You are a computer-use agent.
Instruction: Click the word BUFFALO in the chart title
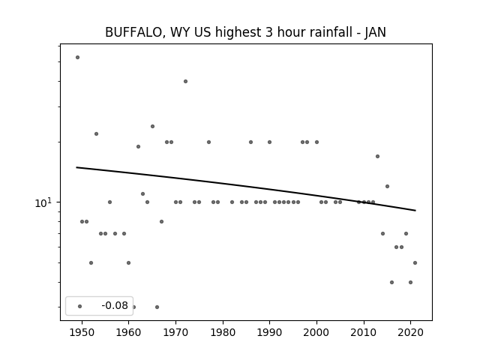133,32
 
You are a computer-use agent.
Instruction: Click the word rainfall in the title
327,32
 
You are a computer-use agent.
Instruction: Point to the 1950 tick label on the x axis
82,332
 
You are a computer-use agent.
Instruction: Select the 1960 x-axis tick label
128,332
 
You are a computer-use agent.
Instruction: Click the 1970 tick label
175,332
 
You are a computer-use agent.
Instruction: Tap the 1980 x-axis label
223,332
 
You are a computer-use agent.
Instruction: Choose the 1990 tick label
270,332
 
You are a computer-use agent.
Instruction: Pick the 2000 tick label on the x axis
316,332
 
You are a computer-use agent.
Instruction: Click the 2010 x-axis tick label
364,332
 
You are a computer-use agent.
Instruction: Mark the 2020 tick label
411,332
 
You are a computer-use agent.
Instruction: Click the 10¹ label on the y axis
44,202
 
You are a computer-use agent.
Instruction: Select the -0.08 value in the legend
115,305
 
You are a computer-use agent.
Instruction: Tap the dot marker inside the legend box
80,306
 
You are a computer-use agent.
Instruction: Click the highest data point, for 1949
77,57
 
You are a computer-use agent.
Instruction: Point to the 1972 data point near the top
185,81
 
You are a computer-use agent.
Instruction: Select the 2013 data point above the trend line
377,156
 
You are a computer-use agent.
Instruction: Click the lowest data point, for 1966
157,307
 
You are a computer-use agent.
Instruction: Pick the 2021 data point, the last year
415,262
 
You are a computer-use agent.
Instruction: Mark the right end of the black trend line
415,210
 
